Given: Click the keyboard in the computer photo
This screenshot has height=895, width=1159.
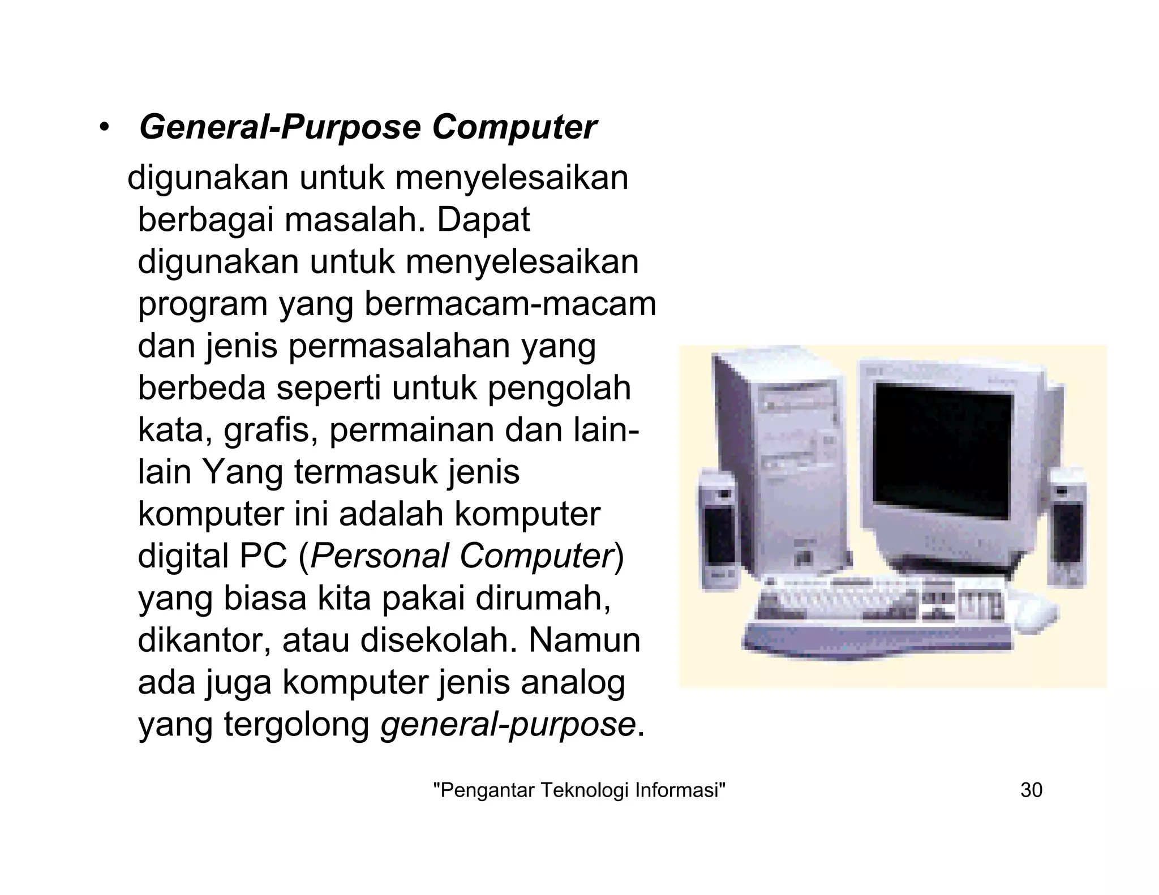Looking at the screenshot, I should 880,614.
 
